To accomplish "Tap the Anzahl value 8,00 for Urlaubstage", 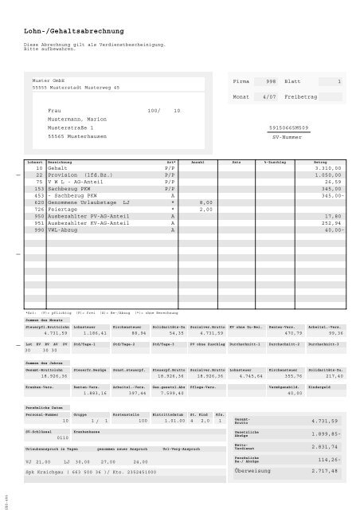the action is click(205, 202).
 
